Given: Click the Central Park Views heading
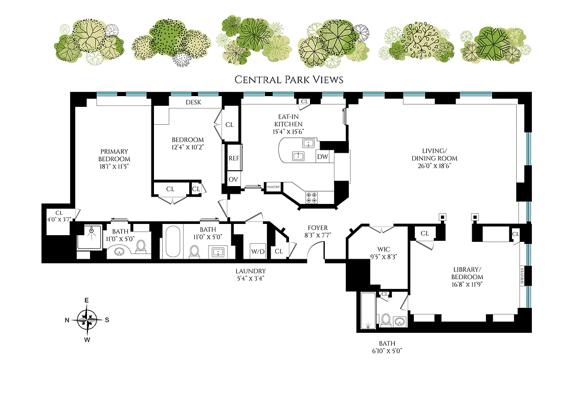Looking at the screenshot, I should coord(288,79).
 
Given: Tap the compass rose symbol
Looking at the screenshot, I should coord(87,320).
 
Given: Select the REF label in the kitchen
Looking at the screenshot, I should coord(234,159).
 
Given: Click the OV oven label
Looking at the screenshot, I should coord(233,179).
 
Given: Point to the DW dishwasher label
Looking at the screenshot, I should coord(322,157).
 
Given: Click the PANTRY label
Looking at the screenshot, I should coord(273,188).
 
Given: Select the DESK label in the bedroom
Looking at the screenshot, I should coord(193,102).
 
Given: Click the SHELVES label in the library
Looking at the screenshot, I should coord(522,276).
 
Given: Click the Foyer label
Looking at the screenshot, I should coord(318,228).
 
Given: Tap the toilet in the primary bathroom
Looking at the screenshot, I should coord(141,247).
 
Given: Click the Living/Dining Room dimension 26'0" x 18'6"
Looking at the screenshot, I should coord(434,166).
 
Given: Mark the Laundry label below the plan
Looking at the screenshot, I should coord(250,271).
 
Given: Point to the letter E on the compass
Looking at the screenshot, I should coord(87,300).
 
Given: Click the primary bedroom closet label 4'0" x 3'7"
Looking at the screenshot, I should coord(59,220).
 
